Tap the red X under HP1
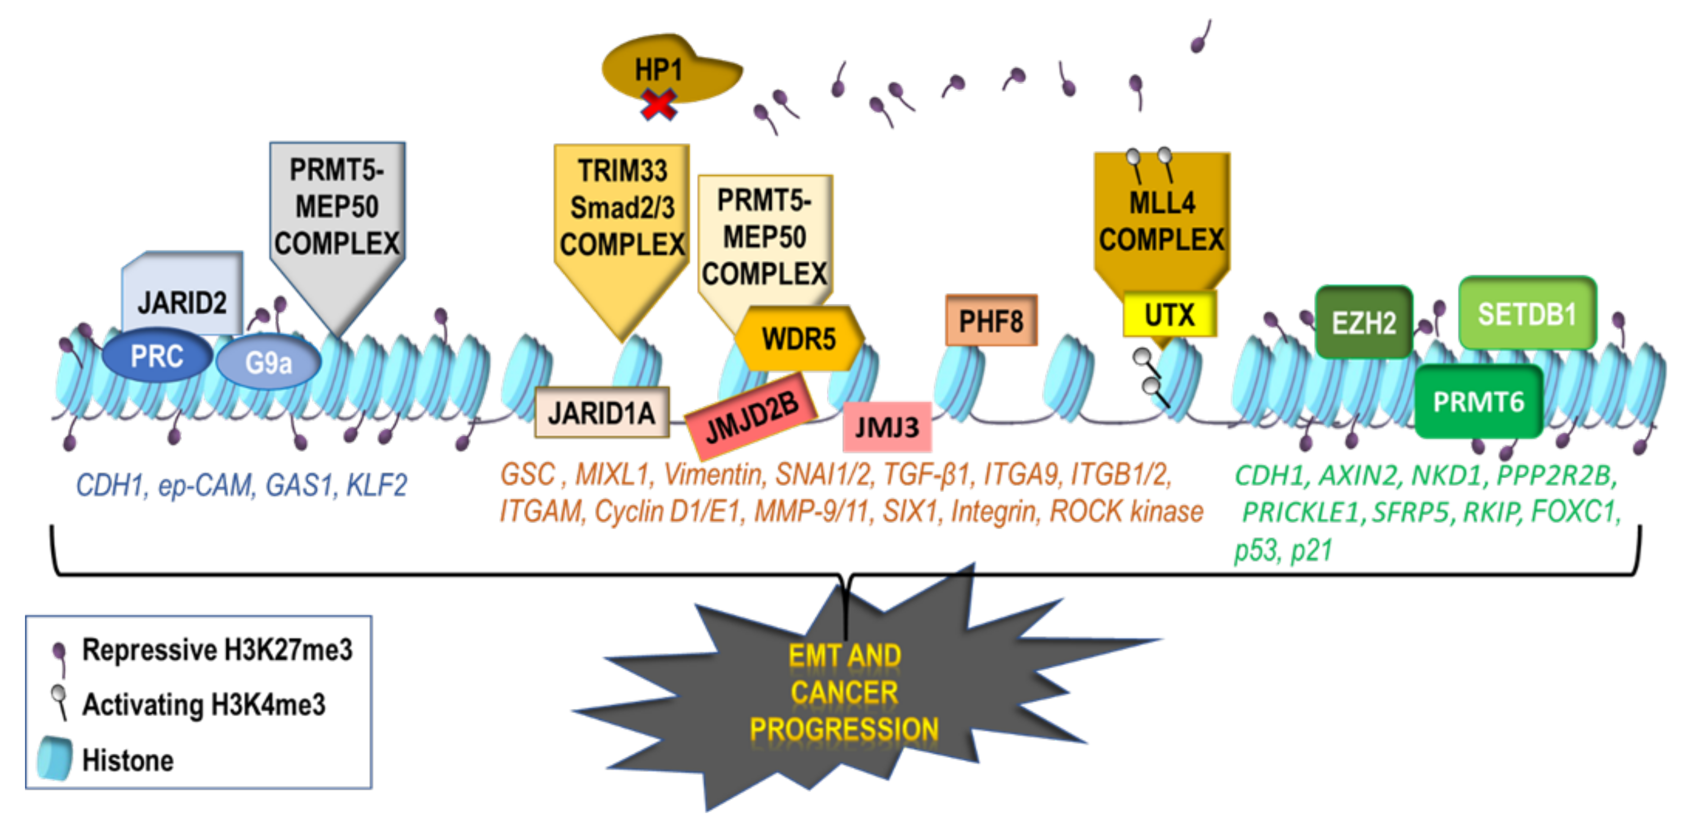point(658,105)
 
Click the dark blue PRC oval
point(157,357)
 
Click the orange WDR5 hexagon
point(798,339)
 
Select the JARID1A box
point(601,413)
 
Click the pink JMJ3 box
point(887,427)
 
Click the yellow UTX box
point(1169,315)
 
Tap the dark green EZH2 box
point(1363,322)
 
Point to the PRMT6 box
point(1478,402)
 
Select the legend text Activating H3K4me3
point(203,705)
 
